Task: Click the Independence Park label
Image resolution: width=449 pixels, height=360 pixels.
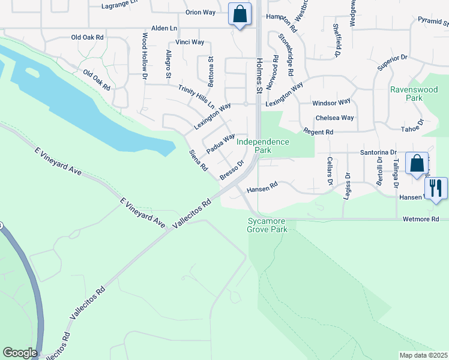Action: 262,146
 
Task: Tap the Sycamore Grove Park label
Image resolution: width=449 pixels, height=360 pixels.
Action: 267,225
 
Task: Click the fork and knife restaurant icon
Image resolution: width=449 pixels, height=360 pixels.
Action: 436,188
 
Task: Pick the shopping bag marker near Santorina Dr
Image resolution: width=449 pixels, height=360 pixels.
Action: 417,163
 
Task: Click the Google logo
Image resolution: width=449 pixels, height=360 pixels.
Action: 20,353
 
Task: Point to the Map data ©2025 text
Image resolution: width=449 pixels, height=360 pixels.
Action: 423,355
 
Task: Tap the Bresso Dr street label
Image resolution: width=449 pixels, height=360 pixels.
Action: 232,170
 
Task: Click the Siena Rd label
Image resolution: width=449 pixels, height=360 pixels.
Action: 198,160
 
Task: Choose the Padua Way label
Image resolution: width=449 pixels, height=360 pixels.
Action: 220,143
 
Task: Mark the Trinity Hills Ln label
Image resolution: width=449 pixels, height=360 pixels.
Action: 196,96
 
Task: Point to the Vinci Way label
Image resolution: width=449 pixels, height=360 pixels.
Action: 190,43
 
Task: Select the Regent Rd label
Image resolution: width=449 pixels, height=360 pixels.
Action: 318,131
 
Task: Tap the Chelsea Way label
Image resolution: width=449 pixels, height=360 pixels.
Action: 334,118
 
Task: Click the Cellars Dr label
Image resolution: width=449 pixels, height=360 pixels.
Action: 330,170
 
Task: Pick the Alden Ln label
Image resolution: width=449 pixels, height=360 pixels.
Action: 164,28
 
